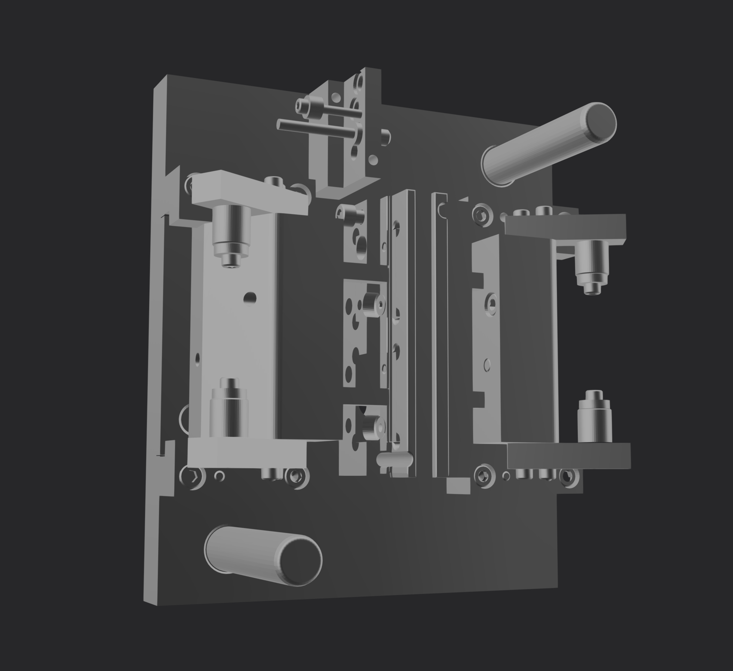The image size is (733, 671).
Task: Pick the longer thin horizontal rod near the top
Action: pyautogui.click(x=316, y=128)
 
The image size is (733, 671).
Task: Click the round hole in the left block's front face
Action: pyautogui.click(x=249, y=297)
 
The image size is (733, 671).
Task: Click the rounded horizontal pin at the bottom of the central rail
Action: pyautogui.click(x=395, y=458)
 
